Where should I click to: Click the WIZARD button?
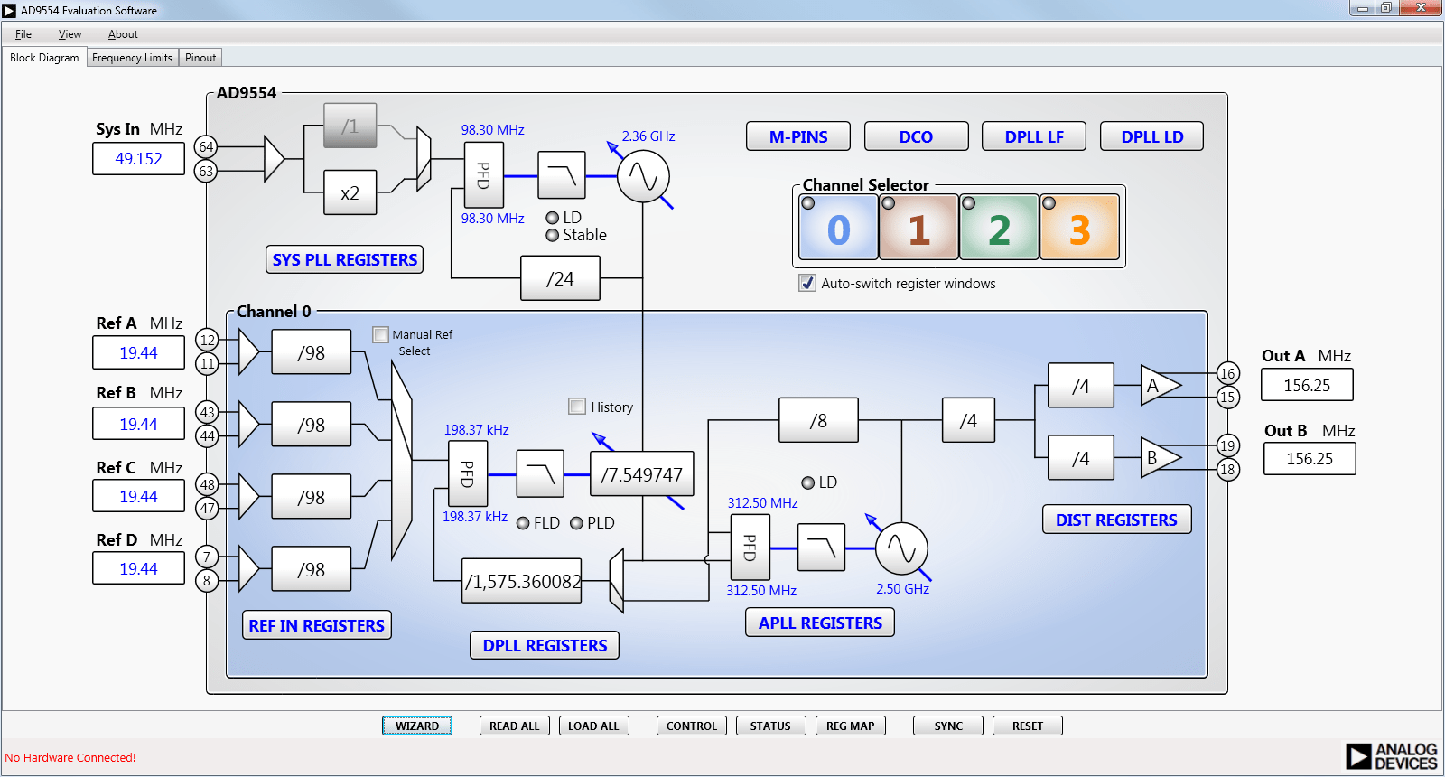tap(416, 726)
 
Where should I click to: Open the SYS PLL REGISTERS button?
tap(344, 259)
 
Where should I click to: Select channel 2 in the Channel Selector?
tap(999, 228)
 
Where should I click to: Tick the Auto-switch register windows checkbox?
tap(807, 283)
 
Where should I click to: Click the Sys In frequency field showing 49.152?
tap(138, 159)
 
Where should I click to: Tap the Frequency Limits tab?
tap(132, 58)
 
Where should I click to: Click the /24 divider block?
tap(560, 278)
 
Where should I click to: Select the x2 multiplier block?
tap(350, 192)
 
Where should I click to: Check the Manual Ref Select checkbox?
tap(381, 334)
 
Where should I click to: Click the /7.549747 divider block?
tap(641, 474)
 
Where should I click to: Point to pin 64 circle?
tap(206, 146)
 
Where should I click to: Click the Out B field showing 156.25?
tap(1309, 458)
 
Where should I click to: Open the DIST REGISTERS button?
tap(1116, 520)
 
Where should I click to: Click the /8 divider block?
tap(818, 420)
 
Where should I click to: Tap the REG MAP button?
tap(850, 726)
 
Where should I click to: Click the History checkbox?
tap(577, 407)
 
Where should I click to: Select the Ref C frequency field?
tap(138, 496)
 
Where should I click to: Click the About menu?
tap(123, 34)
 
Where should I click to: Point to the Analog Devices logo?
tap(1391, 756)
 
